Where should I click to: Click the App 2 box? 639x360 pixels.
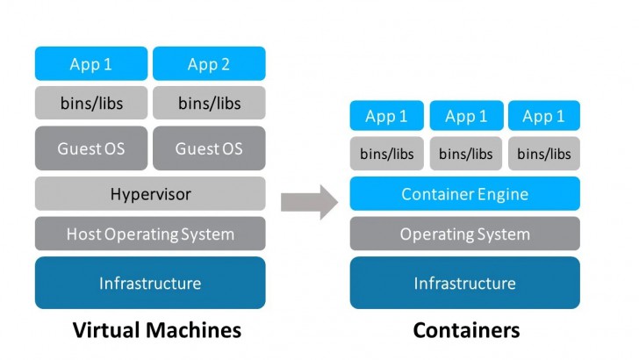(209, 64)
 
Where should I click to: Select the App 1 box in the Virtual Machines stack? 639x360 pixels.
(91, 64)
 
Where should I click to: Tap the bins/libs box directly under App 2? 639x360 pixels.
(209, 103)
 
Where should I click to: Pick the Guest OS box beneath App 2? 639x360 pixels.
(209, 148)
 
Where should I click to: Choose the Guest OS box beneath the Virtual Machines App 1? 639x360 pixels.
(91, 148)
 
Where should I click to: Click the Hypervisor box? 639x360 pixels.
(150, 193)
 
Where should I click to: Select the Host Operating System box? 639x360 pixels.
(150, 234)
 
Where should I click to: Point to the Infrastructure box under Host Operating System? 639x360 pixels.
(150, 283)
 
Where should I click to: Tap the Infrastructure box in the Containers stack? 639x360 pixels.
(464, 283)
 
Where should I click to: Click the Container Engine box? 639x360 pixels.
(464, 193)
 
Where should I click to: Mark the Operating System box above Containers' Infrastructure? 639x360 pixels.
(464, 234)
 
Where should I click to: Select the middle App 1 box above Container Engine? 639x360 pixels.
(465, 116)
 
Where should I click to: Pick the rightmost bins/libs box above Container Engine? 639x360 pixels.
(543, 154)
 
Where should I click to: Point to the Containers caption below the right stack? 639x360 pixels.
(466, 330)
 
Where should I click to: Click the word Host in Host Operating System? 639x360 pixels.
(83, 234)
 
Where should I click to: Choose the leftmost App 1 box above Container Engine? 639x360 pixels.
(386, 116)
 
